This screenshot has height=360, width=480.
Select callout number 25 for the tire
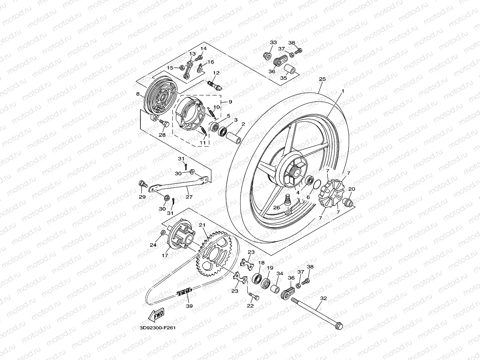pyautogui.click(x=322, y=79)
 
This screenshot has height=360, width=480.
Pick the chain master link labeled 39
pyautogui.click(x=184, y=292)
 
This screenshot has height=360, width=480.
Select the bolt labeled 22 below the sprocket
pyautogui.click(x=254, y=297)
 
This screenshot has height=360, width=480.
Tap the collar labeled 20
pyautogui.click(x=348, y=202)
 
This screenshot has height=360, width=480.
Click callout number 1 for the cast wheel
pyautogui.click(x=343, y=91)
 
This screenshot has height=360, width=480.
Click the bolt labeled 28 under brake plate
pyautogui.click(x=164, y=124)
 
